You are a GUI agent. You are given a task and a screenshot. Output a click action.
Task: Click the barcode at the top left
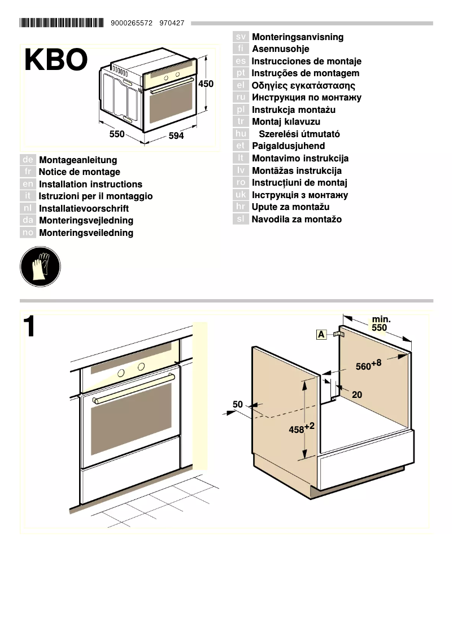pyautogui.click(x=62, y=23)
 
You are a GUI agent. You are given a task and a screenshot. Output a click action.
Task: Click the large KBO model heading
pyautogui.click(x=56, y=60)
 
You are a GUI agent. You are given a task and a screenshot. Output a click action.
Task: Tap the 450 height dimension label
pyautogui.click(x=206, y=84)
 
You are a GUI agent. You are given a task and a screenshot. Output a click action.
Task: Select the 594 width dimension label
pyautogui.click(x=176, y=136)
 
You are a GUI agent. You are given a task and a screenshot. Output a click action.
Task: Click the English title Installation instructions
pyautogui.click(x=90, y=185)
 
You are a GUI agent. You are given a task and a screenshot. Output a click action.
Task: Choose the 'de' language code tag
pyautogui.click(x=28, y=160)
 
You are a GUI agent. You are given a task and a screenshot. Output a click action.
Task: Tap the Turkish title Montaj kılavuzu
pyautogui.click(x=286, y=122)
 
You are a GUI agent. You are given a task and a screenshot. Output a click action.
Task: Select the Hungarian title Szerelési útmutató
pyautogui.click(x=299, y=134)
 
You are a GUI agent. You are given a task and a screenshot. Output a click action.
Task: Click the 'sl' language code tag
pyautogui.click(x=241, y=220)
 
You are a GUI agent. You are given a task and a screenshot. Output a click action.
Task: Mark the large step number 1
pyautogui.click(x=30, y=328)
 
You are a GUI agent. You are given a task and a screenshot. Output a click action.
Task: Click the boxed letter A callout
pyautogui.click(x=321, y=335)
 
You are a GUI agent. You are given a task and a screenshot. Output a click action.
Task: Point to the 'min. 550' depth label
pyautogui.click(x=380, y=323)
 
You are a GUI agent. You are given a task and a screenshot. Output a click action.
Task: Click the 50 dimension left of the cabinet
pyautogui.click(x=238, y=404)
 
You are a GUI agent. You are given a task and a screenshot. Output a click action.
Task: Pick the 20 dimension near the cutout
pyautogui.click(x=357, y=395)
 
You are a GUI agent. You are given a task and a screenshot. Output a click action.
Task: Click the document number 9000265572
pyautogui.click(x=132, y=23)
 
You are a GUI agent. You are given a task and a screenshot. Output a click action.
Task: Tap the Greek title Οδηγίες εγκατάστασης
pyautogui.click(x=303, y=86)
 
